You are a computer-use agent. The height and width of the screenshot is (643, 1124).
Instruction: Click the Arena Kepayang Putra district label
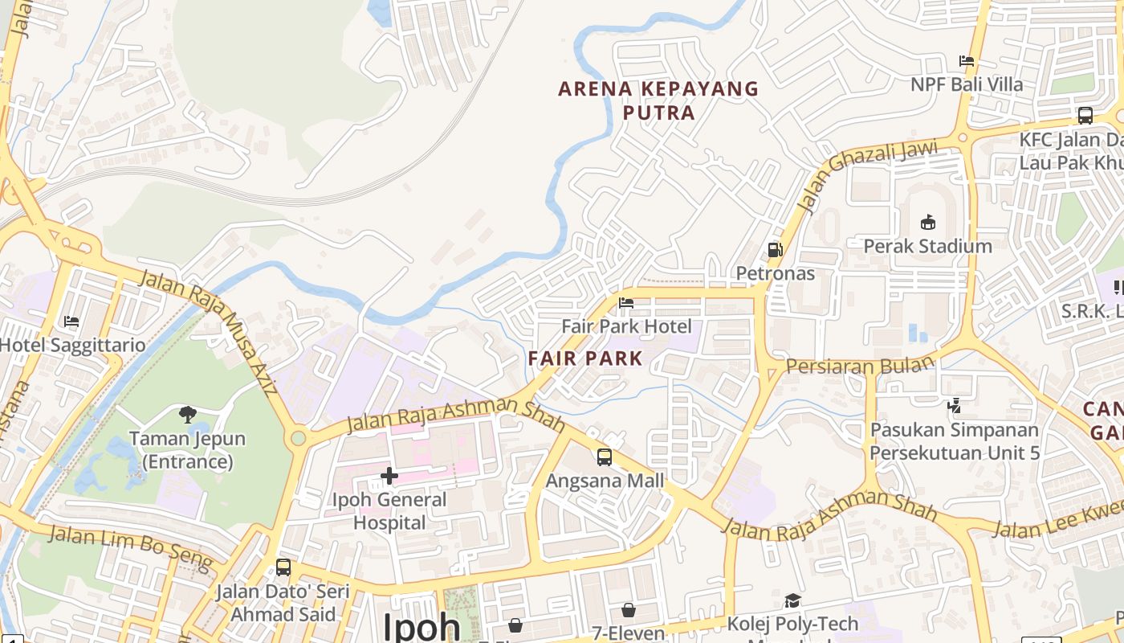point(658,100)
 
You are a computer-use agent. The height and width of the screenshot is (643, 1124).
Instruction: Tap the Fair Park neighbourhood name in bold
point(586,358)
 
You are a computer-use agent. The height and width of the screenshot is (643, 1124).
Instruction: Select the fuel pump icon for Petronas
point(775,250)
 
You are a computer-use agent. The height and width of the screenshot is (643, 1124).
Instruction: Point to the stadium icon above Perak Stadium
point(928,222)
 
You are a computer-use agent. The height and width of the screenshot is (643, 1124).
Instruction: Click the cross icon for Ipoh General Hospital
point(389,476)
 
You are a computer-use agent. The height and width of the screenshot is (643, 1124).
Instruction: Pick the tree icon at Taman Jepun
point(188,415)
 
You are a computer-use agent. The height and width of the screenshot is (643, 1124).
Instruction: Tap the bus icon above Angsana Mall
point(605,457)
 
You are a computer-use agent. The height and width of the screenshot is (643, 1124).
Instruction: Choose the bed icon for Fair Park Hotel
point(626,303)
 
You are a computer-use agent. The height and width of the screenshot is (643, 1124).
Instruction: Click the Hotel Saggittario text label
point(73,346)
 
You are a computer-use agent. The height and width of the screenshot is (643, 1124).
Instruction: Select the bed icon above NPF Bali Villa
point(967,61)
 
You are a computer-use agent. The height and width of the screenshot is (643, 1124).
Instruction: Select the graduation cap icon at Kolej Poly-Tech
point(792,600)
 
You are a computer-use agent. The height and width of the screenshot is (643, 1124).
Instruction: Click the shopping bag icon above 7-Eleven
point(629,610)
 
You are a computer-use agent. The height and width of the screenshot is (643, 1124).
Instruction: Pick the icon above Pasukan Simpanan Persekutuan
point(954,407)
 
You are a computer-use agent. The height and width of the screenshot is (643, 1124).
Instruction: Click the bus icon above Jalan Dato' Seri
point(283,567)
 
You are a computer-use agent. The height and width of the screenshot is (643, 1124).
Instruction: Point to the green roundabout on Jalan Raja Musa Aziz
point(299,438)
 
